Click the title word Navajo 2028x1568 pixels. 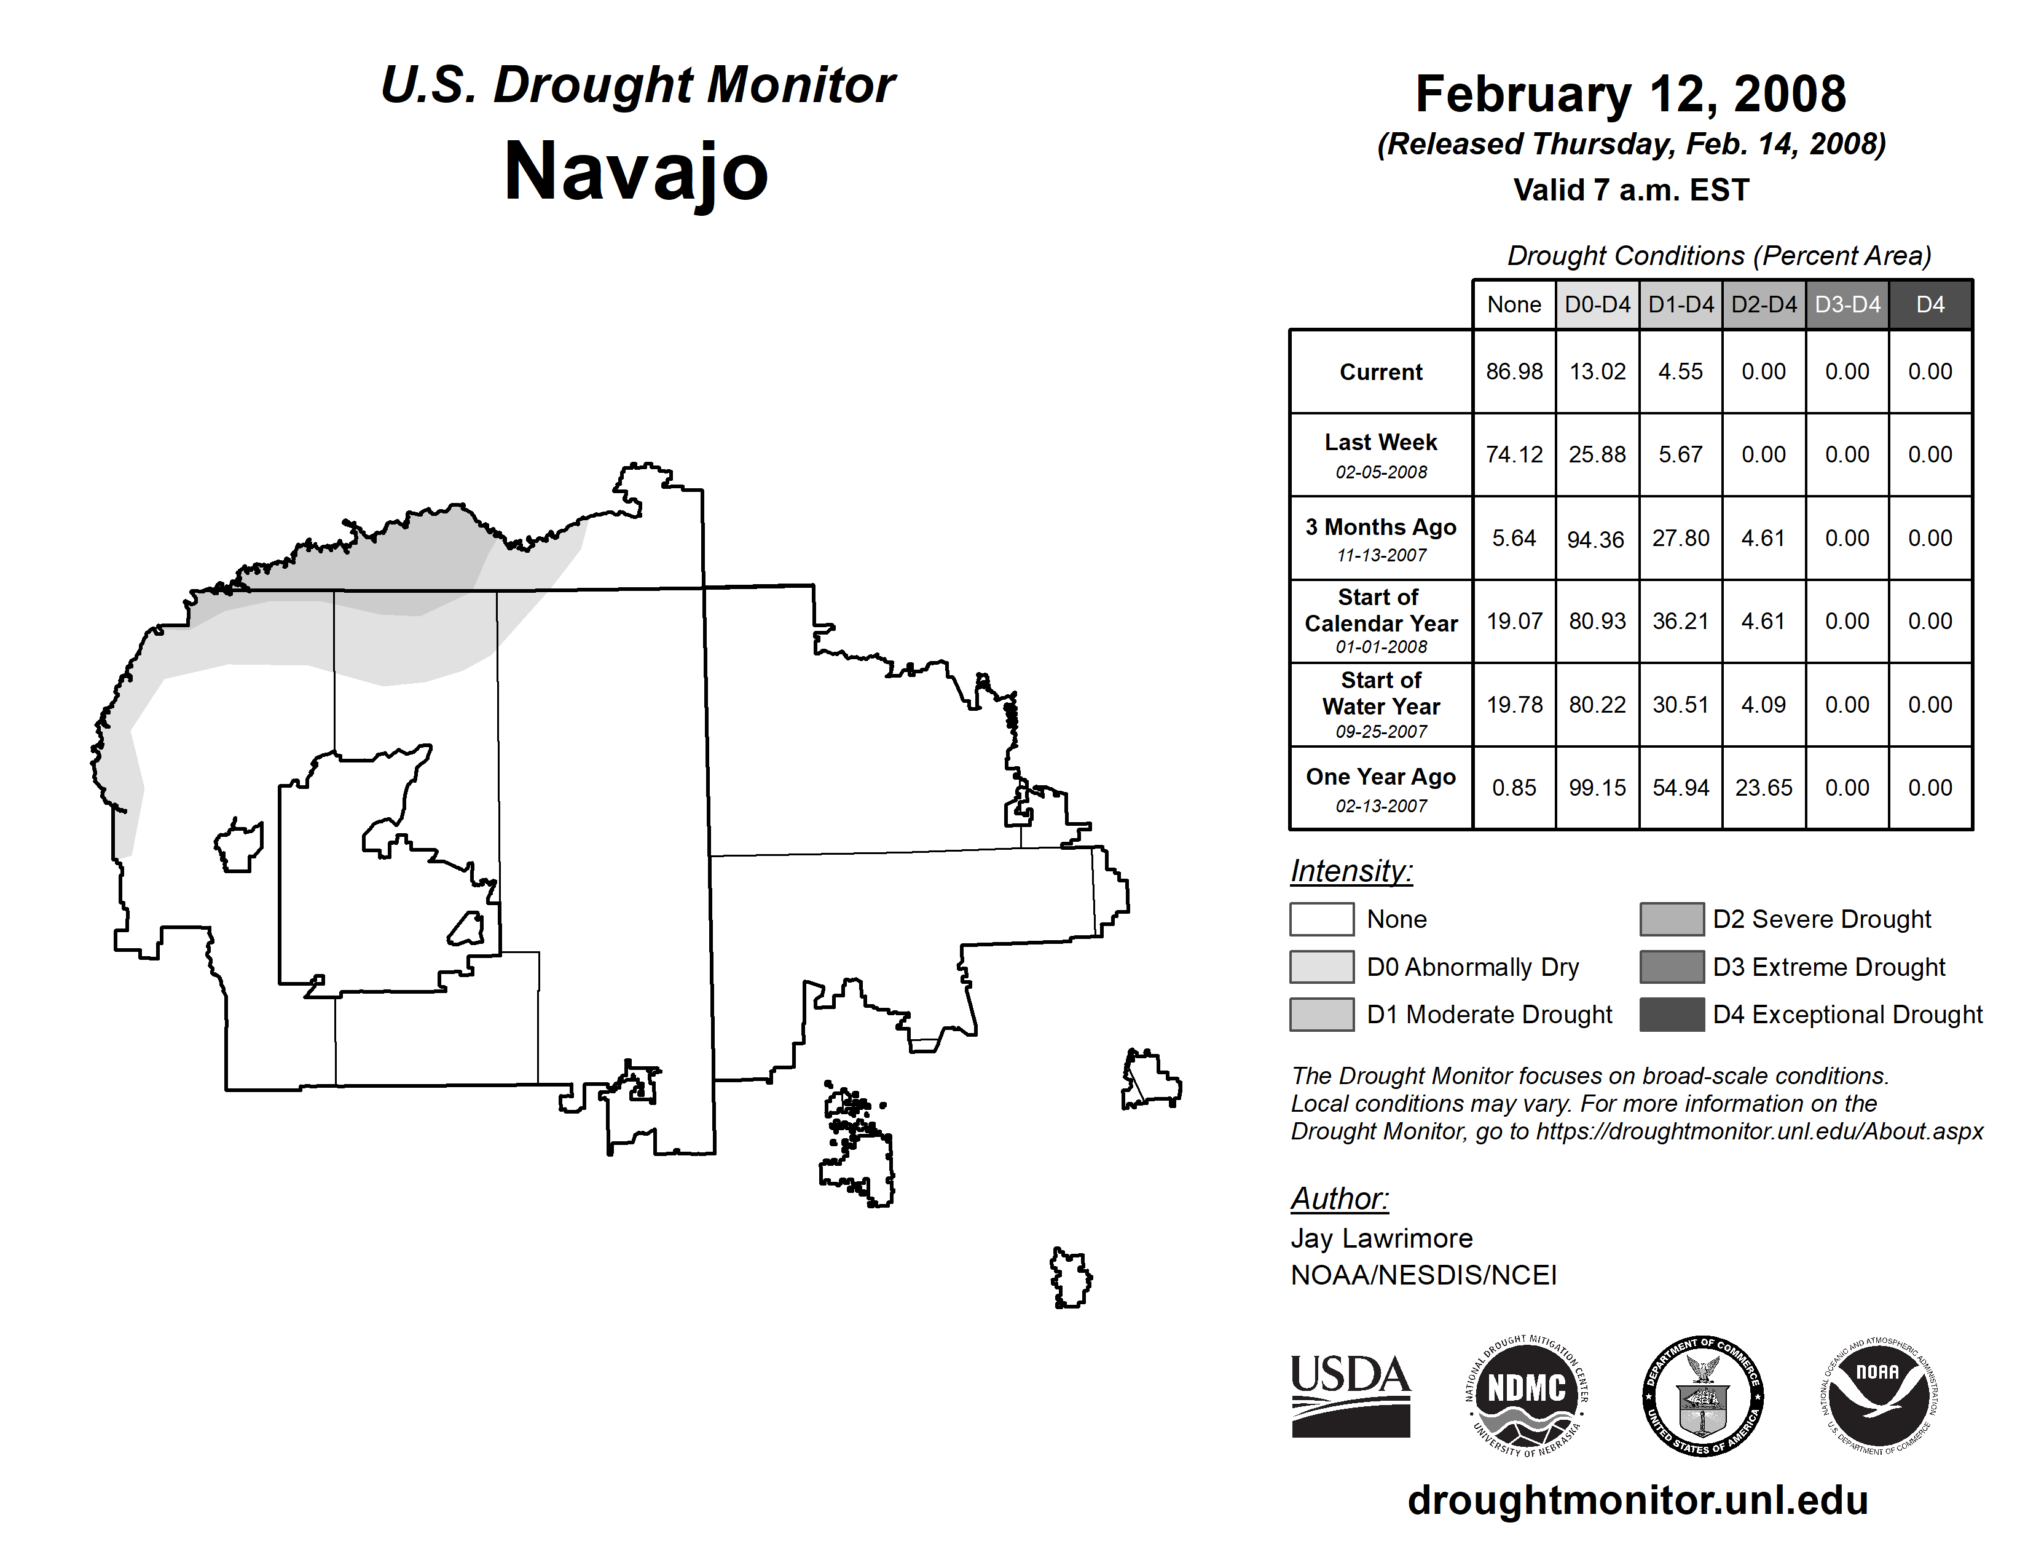click(x=636, y=172)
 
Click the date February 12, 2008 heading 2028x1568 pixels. click(x=1630, y=95)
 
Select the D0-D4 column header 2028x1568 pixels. click(x=1597, y=304)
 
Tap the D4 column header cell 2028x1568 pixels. click(x=1930, y=304)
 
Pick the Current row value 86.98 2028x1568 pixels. click(x=1514, y=371)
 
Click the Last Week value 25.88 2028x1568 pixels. click(x=1597, y=455)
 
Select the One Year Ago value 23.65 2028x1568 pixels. click(x=1763, y=788)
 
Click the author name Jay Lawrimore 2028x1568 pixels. click(x=1381, y=1238)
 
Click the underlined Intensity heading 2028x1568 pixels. click(x=1351, y=871)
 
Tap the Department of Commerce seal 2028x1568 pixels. click(x=1703, y=1395)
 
